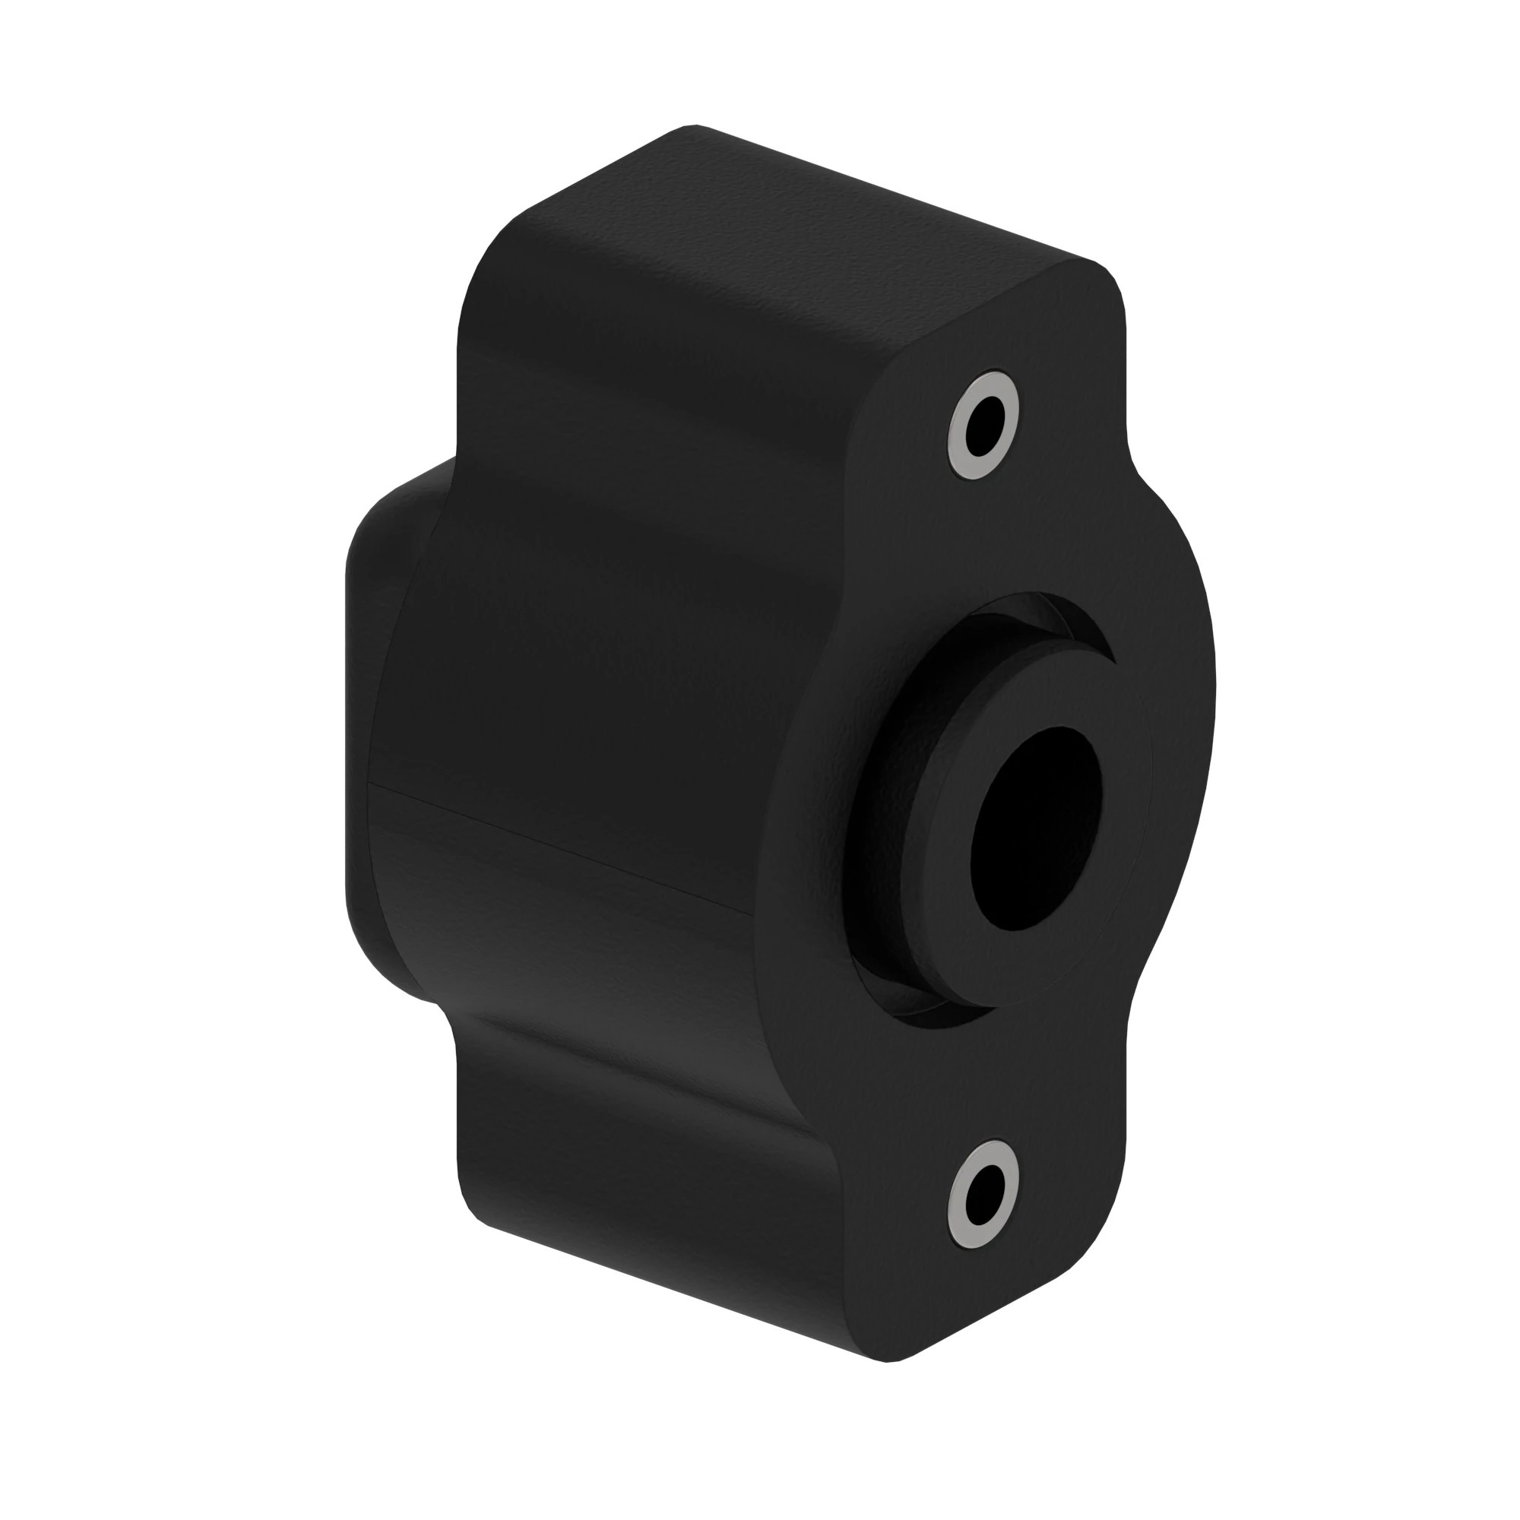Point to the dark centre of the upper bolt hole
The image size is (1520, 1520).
pyautogui.click(x=984, y=425)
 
